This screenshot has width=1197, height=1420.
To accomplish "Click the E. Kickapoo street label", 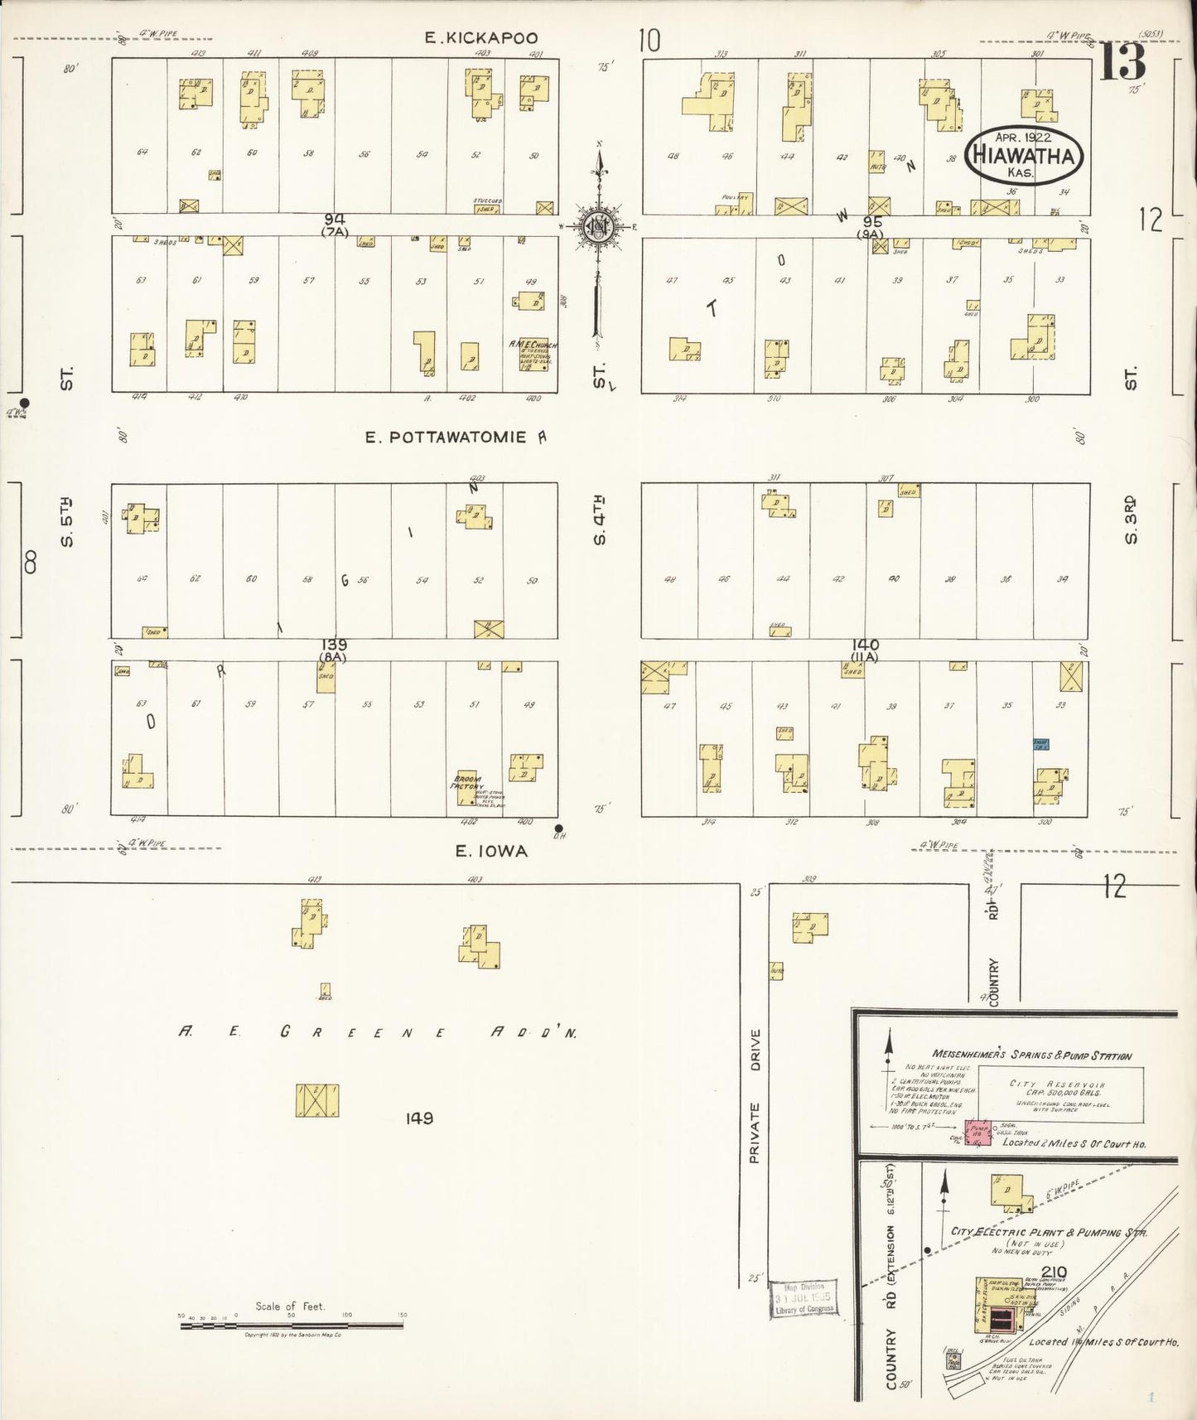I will tap(480, 37).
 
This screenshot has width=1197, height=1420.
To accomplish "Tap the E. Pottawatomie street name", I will tap(446, 437).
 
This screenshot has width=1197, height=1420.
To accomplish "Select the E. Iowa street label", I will tap(491, 851).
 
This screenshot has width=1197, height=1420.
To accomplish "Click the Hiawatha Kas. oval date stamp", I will tap(1025, 155).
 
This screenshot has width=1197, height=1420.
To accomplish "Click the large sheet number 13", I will tap(1122, 62).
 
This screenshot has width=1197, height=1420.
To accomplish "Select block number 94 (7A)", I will tap(335, 224).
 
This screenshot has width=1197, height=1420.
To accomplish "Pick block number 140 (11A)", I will tap(864, 649).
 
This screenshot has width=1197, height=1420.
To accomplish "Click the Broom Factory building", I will tap(466, 787).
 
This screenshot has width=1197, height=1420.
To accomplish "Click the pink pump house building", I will tap(977, 1133).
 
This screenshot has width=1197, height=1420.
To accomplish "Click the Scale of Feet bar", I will tap(292, 1326).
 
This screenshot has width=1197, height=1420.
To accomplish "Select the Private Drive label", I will tap(754, 1096).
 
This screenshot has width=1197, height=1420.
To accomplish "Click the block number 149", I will tap(419, 1118).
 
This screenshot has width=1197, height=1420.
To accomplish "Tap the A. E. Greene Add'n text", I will tap(378, 1032).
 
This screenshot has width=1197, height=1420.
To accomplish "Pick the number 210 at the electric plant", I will tap(1054, 1272).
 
